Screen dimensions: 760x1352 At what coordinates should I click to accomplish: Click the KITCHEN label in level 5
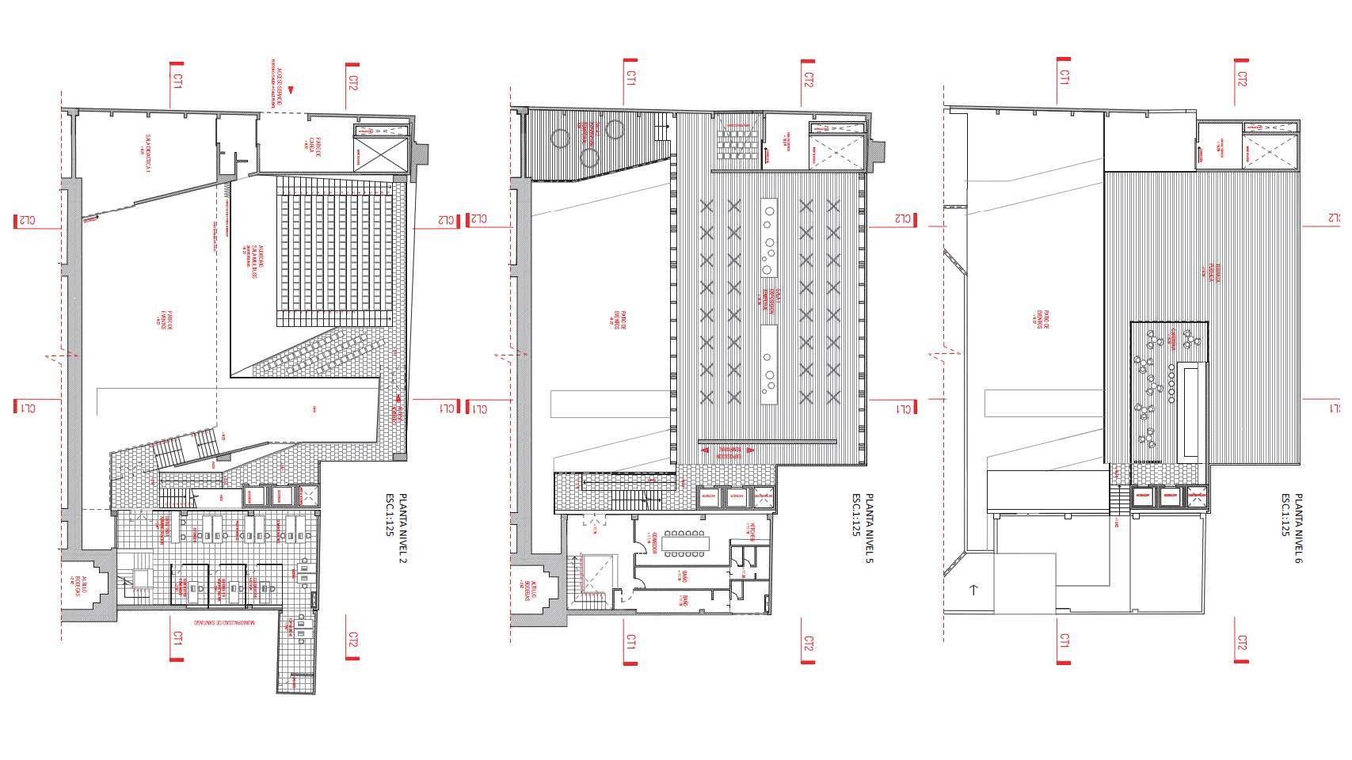pos(752,532)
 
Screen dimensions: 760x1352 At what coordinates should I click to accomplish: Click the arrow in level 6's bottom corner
pos(974,590)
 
